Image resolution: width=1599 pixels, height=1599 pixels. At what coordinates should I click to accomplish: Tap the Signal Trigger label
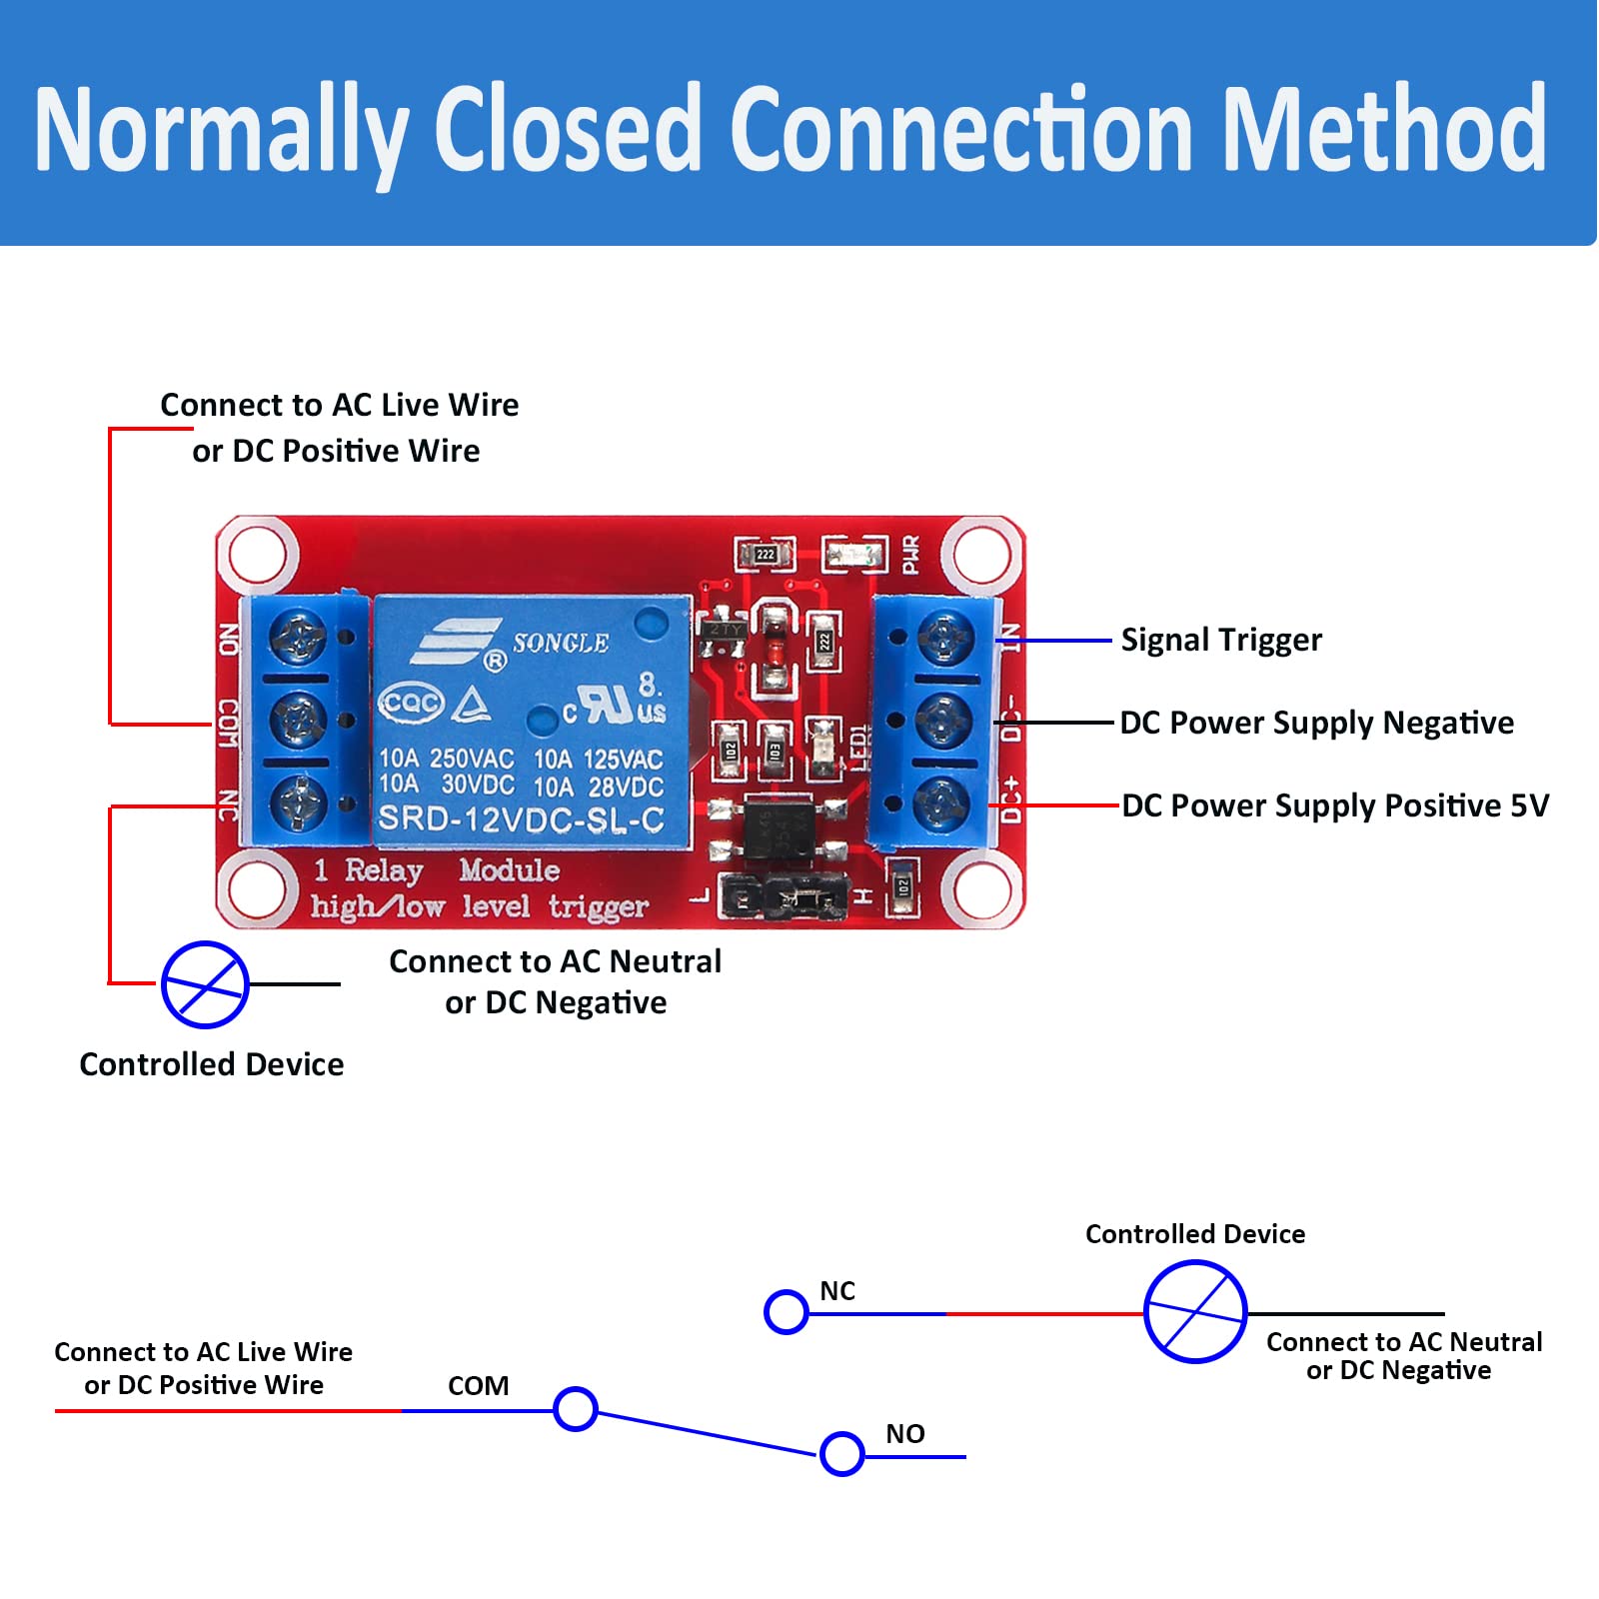[x=1220, y=640]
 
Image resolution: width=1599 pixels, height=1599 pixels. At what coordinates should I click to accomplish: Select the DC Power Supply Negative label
[x=1315, y=723]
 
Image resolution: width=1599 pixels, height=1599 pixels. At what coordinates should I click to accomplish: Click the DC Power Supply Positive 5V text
[x=1334, y=805]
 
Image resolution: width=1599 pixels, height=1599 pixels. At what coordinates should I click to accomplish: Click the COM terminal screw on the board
[x=299, y=720]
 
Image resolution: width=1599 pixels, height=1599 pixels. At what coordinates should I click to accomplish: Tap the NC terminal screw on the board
[x=299, y=801]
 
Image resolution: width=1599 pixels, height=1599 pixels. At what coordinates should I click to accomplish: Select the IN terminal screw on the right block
[x=939, y=638]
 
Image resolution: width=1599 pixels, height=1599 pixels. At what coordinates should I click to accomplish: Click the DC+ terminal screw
[x=939, y=801]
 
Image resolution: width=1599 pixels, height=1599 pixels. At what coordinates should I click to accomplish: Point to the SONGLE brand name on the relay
[x=560, y=643]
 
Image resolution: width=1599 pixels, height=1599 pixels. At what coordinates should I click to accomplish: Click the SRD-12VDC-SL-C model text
[x=521, y=819]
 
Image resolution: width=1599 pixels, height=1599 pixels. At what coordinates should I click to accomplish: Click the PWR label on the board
[x=910, y=555]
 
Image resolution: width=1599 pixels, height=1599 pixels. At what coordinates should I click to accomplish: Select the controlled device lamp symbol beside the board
[x=205, y=984]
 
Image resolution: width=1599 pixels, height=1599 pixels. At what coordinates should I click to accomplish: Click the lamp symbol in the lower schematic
[x=1195, y=1312]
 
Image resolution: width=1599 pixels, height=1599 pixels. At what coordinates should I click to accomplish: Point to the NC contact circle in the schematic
[x=787, y=1312]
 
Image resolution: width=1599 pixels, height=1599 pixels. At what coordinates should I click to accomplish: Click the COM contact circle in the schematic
[x=576, y=1409]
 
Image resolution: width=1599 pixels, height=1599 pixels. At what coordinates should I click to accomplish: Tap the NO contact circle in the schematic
[x=841, y=1454]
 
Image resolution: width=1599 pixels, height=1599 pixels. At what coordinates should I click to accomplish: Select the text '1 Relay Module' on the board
[x=436, y=870]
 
